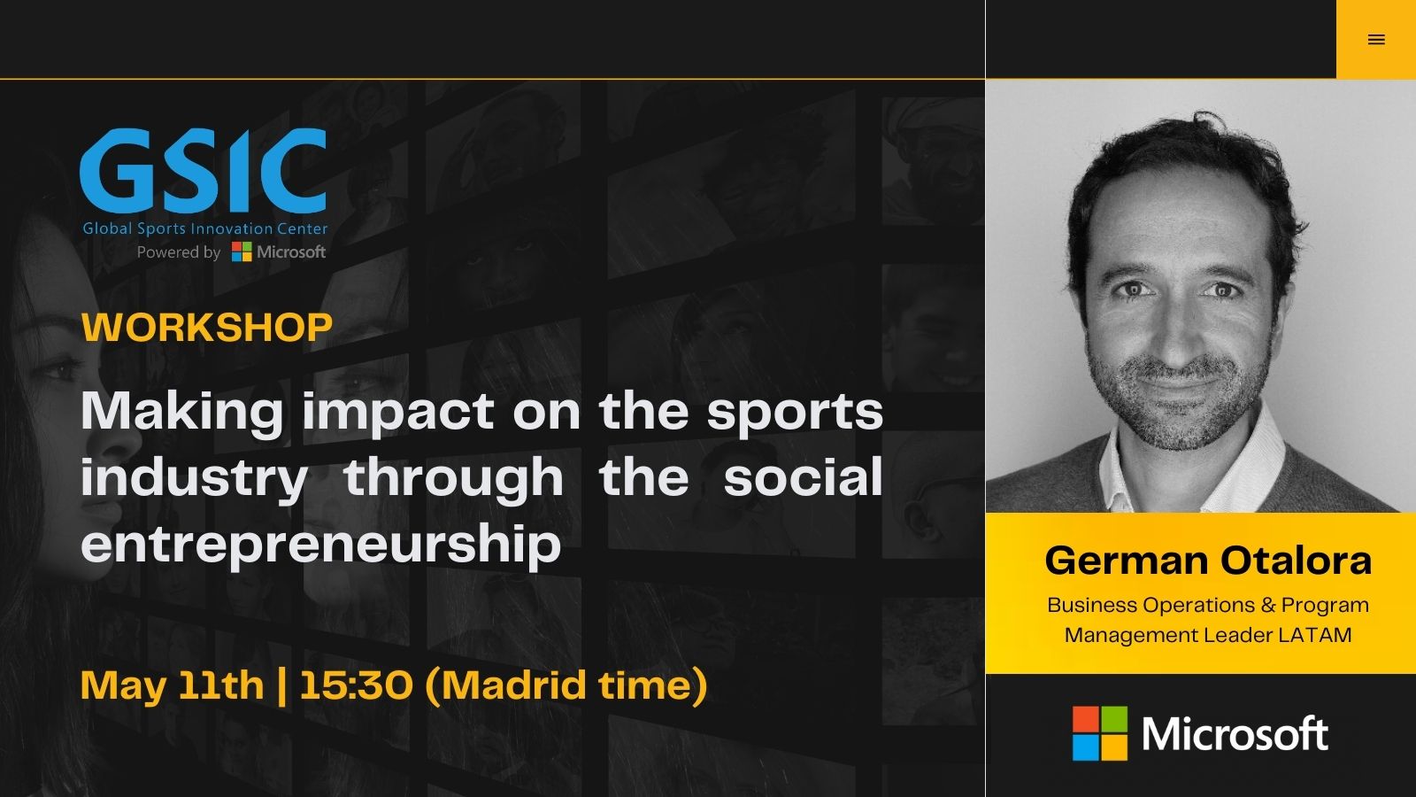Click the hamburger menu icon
point(1376,40)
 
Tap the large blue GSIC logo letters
point(204,170)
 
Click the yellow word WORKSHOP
point(207,327)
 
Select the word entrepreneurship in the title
point(321,545)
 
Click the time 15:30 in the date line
point(356,685)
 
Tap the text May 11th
point(172,685)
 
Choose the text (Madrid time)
point(566,685)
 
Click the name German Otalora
point(1208,560)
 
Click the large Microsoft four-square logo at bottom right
point(1100,733)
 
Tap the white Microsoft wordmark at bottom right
point(1235,734)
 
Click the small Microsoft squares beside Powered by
point(242,251)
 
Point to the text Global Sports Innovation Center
point(205,228)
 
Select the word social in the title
point(803,477)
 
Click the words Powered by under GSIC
point(179,252)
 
